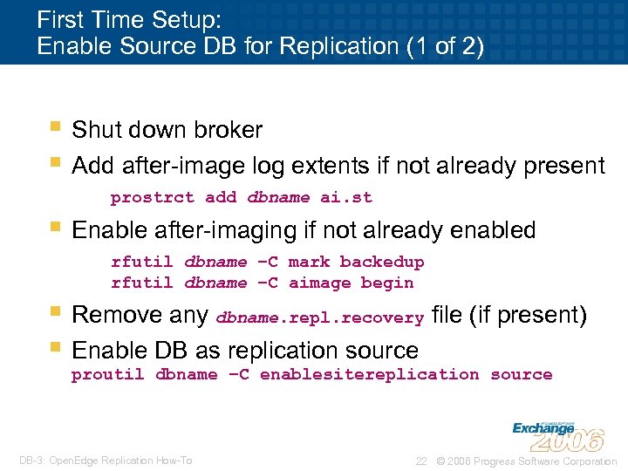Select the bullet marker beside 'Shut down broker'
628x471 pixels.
(x=55, y=128)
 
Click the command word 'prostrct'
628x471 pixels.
(x=153, y=197)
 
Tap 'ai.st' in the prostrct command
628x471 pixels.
(x=346, y=197)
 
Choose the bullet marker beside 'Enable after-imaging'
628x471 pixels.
(x=55, y=229)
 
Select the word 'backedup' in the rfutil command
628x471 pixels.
(x=382, y=262)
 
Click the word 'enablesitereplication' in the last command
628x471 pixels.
(x=370, y=374)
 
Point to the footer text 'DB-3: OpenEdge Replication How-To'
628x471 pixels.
(x=106, y=461)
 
